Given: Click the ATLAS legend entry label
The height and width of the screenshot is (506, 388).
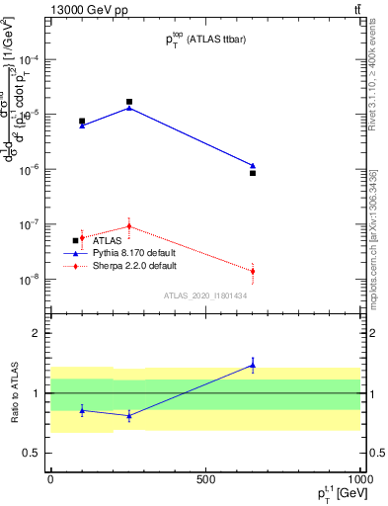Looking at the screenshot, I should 108,241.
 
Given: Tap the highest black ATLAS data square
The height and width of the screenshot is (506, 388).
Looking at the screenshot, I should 129,102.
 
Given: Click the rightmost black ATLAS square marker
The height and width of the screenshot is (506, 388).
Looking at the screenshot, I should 253,173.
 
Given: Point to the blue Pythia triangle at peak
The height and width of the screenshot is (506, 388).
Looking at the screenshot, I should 129,108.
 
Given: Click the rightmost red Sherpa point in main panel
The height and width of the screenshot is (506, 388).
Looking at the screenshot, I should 253,271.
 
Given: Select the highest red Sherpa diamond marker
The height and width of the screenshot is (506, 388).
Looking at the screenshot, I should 129,226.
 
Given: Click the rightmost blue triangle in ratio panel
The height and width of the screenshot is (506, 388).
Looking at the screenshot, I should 253,366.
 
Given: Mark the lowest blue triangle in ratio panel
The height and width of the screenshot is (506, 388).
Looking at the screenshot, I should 129,416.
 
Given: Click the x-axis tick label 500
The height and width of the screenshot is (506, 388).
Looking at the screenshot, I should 205,478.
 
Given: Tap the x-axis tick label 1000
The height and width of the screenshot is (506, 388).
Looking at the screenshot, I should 359,478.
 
